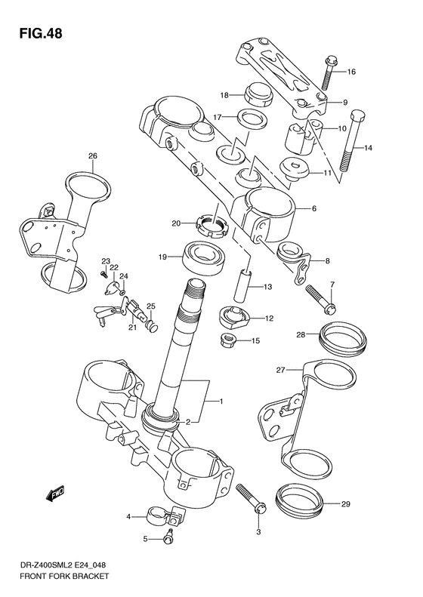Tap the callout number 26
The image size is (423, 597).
click(92, 157)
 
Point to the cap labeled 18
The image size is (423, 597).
click(256, 95)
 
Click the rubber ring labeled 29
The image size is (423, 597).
click(302, 501)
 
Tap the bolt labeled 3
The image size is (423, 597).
click(252, 500)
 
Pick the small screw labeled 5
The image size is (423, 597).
click(170, 537)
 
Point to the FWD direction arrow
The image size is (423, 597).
click(54, 495)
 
